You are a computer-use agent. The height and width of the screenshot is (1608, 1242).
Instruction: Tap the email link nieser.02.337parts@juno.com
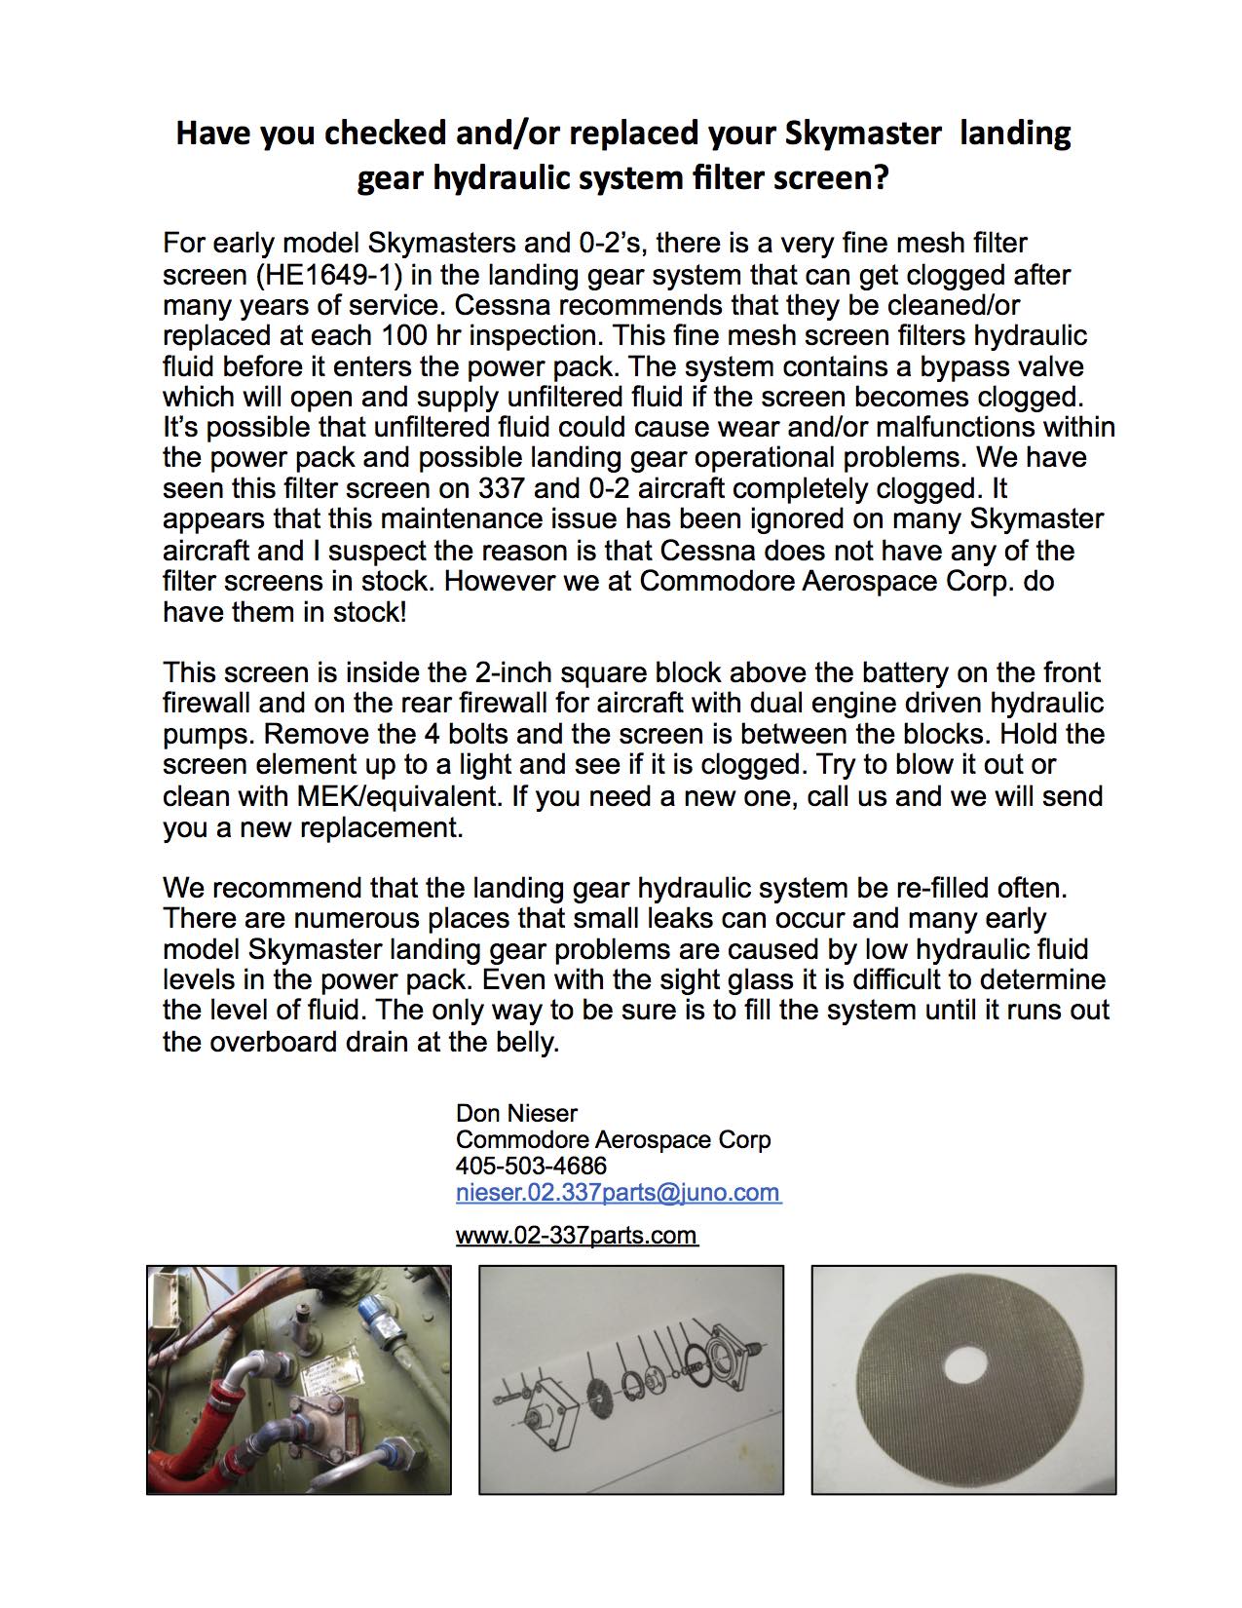tap(618, 1192)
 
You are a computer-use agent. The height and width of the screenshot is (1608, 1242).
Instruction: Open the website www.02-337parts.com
tap(576, 1236)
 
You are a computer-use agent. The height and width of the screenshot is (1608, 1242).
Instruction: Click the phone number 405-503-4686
tap(531, 1166)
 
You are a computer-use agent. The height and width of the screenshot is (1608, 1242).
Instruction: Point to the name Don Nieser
tap(516, 1113)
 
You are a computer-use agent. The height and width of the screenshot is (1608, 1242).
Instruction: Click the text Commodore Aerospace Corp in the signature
tap(613, 1139)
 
